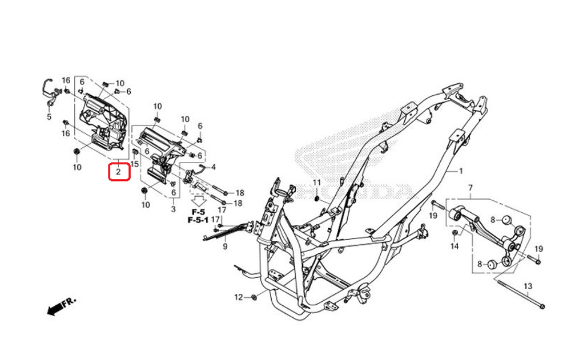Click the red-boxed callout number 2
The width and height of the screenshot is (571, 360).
pos(118,172)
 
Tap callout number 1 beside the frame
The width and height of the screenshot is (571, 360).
pos(461,171)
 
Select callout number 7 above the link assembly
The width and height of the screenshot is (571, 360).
pos(470,188)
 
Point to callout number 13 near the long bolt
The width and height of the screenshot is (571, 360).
pos(528,286)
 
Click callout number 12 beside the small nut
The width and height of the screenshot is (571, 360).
pos(239,297)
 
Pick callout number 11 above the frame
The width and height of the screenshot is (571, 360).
pos(317,183)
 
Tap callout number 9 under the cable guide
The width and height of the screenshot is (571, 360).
pos(225,246)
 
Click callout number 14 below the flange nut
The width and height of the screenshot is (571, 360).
pos(455,246)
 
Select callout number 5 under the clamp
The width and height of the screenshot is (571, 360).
pos(49,117)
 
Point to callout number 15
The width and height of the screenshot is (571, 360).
pos(134,164)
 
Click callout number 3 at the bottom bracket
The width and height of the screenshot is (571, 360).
pos(174,209)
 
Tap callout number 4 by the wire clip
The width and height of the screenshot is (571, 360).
pos(214,167)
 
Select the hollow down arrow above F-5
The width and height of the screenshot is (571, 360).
pos(199,201)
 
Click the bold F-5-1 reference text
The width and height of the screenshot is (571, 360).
pos(198,220)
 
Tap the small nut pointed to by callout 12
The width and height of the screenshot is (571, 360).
pos(255,297)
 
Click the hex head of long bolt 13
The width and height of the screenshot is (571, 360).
pos(541,307)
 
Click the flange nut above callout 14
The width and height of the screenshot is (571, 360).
pos(455,232)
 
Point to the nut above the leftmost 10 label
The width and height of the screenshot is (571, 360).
pos(77,151)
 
